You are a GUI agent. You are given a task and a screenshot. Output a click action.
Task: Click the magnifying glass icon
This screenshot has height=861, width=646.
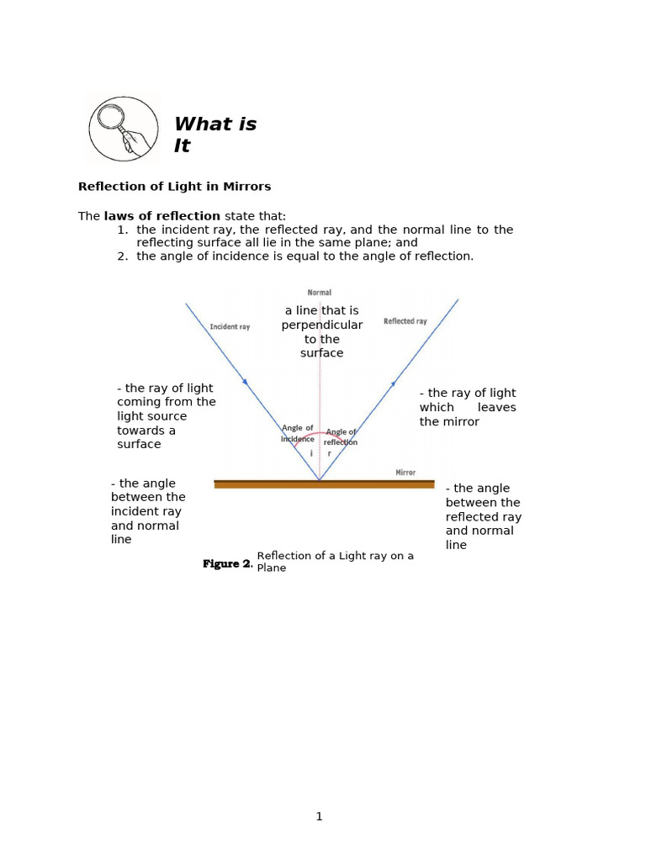click(123, 129)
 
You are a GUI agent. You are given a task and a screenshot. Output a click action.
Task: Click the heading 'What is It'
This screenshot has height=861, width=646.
click(214, 135)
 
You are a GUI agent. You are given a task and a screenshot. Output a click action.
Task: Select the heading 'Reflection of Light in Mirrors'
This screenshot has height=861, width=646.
click(174, 186)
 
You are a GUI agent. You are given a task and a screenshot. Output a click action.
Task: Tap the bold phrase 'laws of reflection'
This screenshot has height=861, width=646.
click(161, 216)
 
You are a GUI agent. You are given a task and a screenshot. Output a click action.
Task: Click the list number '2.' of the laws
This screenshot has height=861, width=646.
click(122, 256)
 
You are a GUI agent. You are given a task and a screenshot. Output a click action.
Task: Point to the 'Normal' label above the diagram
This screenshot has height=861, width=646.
click(320, 293)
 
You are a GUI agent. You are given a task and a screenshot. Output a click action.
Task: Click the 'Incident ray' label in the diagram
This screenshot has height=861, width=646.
click(230, 326)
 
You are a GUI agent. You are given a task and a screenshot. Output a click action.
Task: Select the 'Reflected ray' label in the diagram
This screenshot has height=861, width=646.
click(405, 321)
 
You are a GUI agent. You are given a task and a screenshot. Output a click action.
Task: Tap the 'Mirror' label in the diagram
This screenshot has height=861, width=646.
click(405, 473)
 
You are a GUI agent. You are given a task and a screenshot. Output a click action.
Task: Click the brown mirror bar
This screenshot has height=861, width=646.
click(324, 483)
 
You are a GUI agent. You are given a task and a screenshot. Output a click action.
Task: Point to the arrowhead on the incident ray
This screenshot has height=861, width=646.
click(245, 382)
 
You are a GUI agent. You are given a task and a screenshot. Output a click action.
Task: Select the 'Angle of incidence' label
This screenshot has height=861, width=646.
click(298, 433)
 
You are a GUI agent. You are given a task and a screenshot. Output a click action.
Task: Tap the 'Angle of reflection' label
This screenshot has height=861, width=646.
click(342, 437)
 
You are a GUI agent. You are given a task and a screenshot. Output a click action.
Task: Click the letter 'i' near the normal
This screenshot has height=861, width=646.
click(311, 453)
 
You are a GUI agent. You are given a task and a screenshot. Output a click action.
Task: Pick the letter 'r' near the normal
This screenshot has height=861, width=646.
click(329, 453)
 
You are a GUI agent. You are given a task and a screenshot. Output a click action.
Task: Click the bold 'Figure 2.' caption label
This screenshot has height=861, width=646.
click(227, 564)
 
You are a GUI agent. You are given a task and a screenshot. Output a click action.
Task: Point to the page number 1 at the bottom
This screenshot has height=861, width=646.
click(320, 816)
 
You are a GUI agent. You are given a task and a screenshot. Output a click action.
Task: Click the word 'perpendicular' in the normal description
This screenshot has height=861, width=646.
click(322, 325)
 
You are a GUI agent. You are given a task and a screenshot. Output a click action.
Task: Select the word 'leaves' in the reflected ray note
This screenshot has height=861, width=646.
click(496, 407)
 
